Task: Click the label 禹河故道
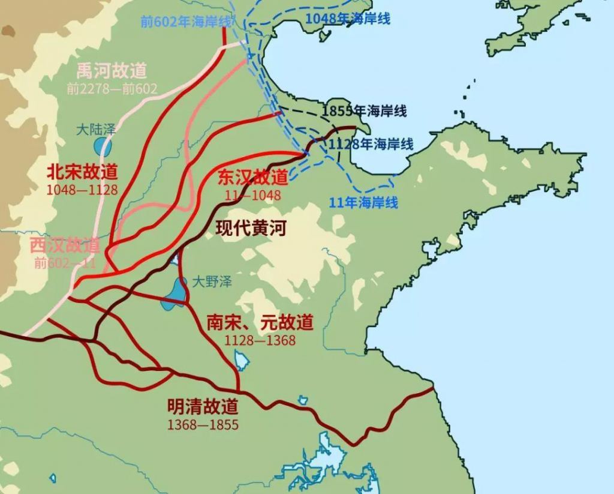point(112,71)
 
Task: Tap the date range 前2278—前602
point(112,89)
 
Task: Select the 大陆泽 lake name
point(96,129)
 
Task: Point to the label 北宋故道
point(82,172)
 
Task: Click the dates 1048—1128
point(82,190)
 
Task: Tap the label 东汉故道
point(252,177)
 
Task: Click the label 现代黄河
point(251,228)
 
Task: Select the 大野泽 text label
point(212,281)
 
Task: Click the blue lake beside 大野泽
point(174,292)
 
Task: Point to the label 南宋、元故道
point(260,322)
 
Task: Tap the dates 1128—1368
point(260,340)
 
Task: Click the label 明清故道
point(203,406)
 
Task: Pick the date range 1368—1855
point(203,424)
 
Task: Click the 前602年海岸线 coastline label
point(186,22)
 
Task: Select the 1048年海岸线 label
point(348,19)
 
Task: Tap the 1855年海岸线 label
point(364,111)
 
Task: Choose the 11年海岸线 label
point(363,202)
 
